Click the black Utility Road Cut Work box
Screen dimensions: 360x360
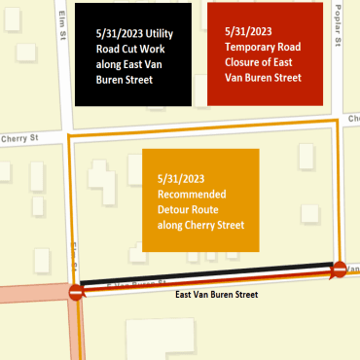click(x=136, y=54)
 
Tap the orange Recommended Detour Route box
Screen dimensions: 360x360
click(x=200, y=199)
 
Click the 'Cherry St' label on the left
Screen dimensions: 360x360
click(x=18, y=138)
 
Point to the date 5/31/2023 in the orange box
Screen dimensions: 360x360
click(x=185, y=180)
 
